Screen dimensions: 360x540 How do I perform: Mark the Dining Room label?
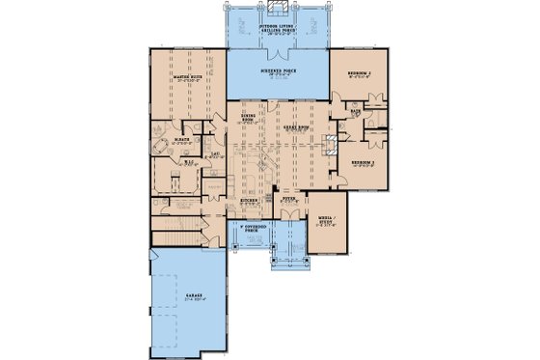click(247, 119)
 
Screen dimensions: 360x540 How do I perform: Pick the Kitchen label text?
click(249, 202)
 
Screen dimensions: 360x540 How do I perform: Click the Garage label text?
click(190, 300)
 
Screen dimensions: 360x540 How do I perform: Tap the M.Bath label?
click(179, 143)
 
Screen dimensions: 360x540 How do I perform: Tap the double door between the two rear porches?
click(280, 48)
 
